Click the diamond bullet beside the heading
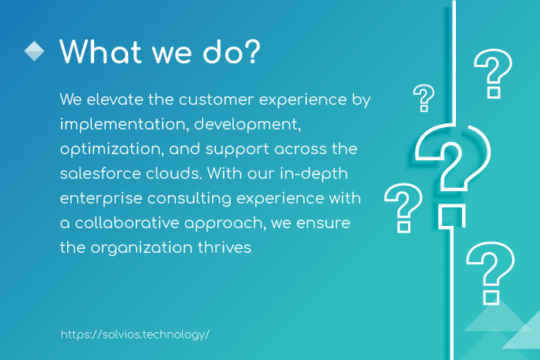point(34,52)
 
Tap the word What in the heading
point(100,52)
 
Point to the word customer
point(216,99)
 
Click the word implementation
point(124,125)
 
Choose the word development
point(248,125)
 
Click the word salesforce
point(100,173)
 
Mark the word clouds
point(174,173)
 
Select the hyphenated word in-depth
point(313,174)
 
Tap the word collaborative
point(127,223)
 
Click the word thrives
point(224,247)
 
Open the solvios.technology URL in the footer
point(135,335)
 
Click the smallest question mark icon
point(424,98)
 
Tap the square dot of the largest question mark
point(452,216)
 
